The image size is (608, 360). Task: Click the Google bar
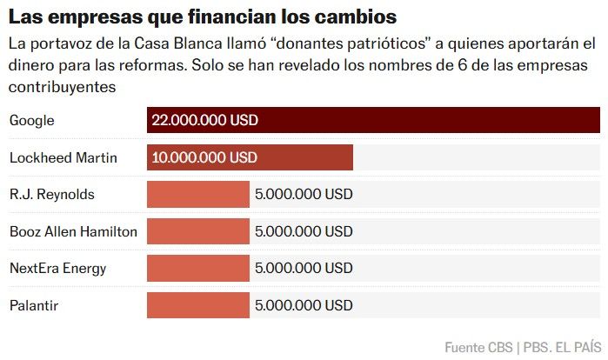click(x=373, y=120)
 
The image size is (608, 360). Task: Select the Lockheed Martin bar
click(x=250, y=157)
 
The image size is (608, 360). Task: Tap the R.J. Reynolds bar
click(x=198, y=194)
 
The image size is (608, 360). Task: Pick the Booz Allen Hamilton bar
click(x=198, y=231)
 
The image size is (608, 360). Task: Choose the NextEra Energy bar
click(x=198, y=268)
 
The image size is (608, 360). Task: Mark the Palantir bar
click(x=198, y=305)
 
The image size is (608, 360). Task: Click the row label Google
click(x=31, y=121)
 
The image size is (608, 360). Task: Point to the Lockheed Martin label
click(x=63, y=157)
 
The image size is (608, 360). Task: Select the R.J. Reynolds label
click(x=51, y=194)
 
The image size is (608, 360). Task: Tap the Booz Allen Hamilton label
click(x=73, y=231)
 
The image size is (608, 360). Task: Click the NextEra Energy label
click(x=57, y=268)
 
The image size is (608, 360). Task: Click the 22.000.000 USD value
click(x=204, y=121)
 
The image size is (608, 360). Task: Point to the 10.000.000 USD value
click(x=204, y=157)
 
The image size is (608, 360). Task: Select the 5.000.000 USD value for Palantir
click(x=304, y=305)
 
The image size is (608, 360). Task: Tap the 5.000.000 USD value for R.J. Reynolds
click(x=304, y=194)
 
